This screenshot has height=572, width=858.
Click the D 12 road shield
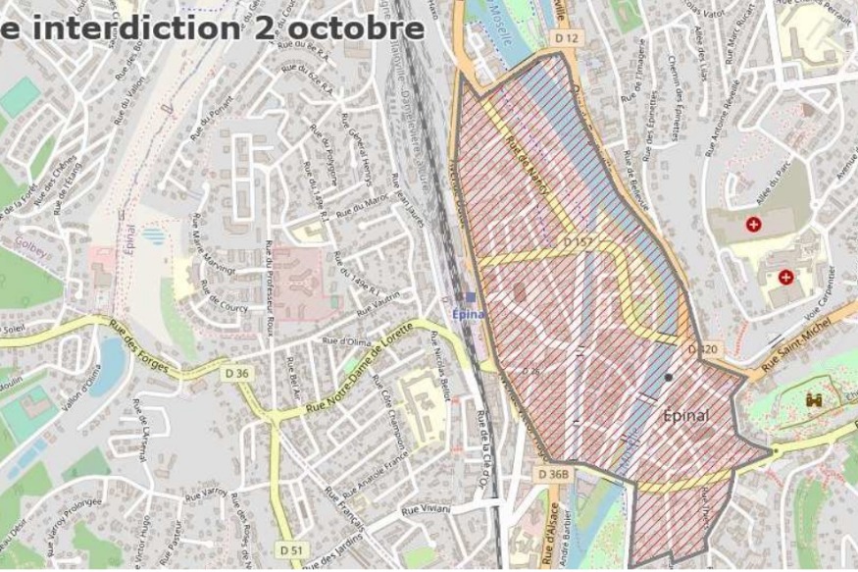click(568, 36)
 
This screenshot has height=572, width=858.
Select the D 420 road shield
click(703, 350)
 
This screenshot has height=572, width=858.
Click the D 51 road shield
click(289, 550)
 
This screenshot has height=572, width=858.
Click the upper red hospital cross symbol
click(753, 225)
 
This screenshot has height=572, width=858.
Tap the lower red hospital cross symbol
click(786, 278)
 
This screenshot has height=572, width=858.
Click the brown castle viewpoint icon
click(814, 400)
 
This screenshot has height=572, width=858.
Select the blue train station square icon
click(472, 297)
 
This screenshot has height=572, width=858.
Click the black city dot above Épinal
click(668, 378)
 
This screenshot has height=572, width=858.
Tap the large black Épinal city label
click(700, 415)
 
